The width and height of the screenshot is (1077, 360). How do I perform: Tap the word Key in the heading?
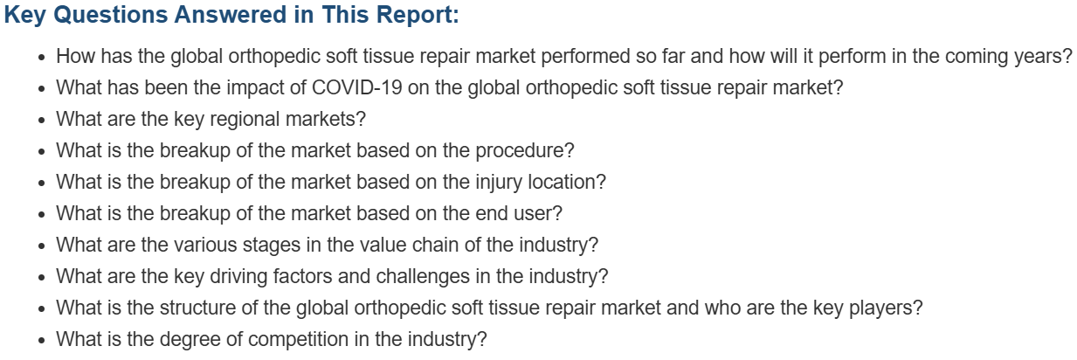coord(25,16)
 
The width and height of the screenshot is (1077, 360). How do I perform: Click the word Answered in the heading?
coord(231,15)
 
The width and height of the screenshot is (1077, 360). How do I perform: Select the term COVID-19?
coord(356,87)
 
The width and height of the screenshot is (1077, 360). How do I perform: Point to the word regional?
coord(245,120)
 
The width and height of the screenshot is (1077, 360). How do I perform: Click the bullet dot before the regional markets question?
coord(42,120)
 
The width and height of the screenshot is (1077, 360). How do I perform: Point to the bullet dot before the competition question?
coord(42,340)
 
